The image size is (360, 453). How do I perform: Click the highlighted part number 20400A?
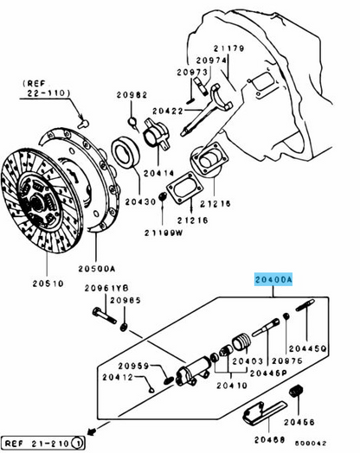tap(273, 280)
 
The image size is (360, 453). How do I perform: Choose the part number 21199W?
tap(163, 233)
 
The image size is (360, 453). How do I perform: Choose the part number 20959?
tap(134, 365)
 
